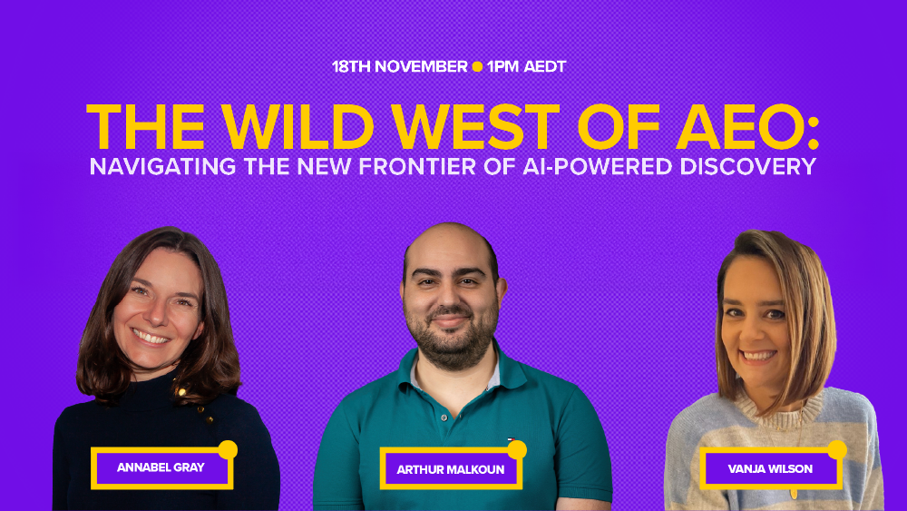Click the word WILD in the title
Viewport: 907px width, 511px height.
(297, 127)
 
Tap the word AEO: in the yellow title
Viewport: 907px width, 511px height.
(748, 127)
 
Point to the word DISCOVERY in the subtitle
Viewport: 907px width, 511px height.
(748, 167)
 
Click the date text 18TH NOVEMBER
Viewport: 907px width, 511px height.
(400, 66)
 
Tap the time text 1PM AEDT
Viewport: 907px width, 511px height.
(526, 66)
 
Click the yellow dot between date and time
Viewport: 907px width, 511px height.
(477, 66)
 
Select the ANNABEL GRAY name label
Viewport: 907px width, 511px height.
(161, 467)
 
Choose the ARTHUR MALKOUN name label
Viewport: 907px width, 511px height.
(451, 468)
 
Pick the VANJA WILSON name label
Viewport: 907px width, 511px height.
(770, 468)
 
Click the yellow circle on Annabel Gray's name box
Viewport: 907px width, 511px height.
(228, 449)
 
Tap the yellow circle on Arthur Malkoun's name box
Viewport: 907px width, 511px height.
(517, 449)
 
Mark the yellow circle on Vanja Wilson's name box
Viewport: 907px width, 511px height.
(837, 449)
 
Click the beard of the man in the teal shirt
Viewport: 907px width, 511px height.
(451, 341)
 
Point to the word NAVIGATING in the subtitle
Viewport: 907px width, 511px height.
(162, 167)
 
